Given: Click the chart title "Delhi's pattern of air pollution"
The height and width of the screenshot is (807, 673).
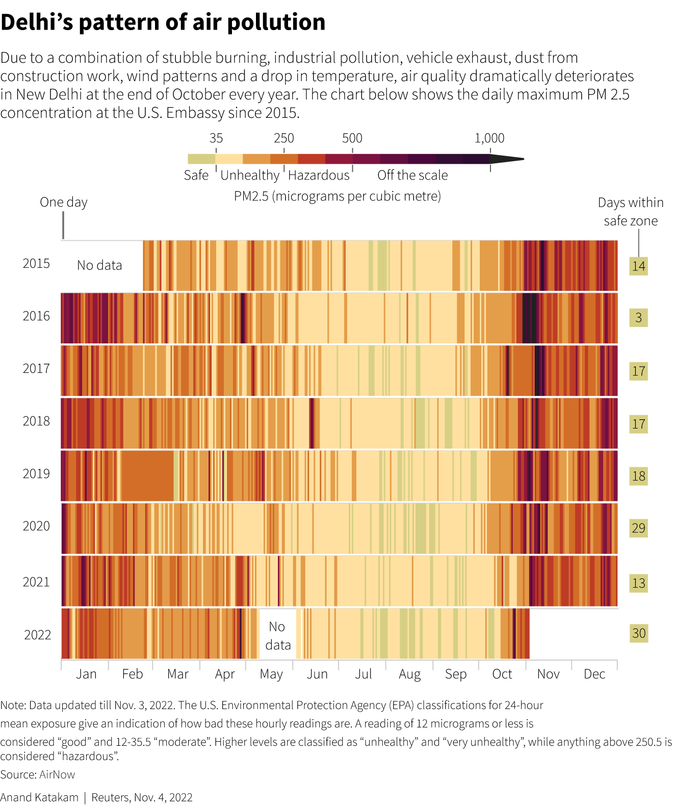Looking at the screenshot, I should point(163,22).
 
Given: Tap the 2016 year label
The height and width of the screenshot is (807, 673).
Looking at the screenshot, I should point(36,316).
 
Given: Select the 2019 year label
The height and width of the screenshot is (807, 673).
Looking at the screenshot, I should point(36,474).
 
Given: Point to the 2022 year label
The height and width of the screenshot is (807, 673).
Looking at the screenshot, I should point(38,635).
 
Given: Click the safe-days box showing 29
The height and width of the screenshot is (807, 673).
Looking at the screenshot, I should point(638,528).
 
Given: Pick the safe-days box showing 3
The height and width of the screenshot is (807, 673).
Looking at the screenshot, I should point(638,318).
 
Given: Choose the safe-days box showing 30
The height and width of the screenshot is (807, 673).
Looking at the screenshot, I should point(638,634).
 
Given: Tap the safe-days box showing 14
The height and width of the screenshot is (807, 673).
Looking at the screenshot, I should point(638,266).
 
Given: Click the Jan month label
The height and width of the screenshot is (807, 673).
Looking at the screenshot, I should point(86,674).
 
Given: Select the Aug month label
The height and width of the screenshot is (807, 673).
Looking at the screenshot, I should point(409,674).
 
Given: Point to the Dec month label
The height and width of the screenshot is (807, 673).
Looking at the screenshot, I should point(594,674).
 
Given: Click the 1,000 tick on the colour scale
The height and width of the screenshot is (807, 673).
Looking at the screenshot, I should point(489,138).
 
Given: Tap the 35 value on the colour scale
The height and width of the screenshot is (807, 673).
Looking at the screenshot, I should point(216,138).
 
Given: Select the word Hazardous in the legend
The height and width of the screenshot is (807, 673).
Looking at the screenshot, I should point(319,175).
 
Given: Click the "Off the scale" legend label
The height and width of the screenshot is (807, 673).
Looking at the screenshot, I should point(412,175).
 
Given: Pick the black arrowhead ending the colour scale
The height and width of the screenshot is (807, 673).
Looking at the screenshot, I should point(507,159).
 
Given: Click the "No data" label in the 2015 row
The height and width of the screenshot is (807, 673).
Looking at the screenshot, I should point(99,265).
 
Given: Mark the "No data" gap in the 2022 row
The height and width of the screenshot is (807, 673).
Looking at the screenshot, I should point(277,636).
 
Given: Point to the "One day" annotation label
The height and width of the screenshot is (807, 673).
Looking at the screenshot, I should point(64,203).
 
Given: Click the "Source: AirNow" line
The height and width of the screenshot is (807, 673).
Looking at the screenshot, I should point(38,774).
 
